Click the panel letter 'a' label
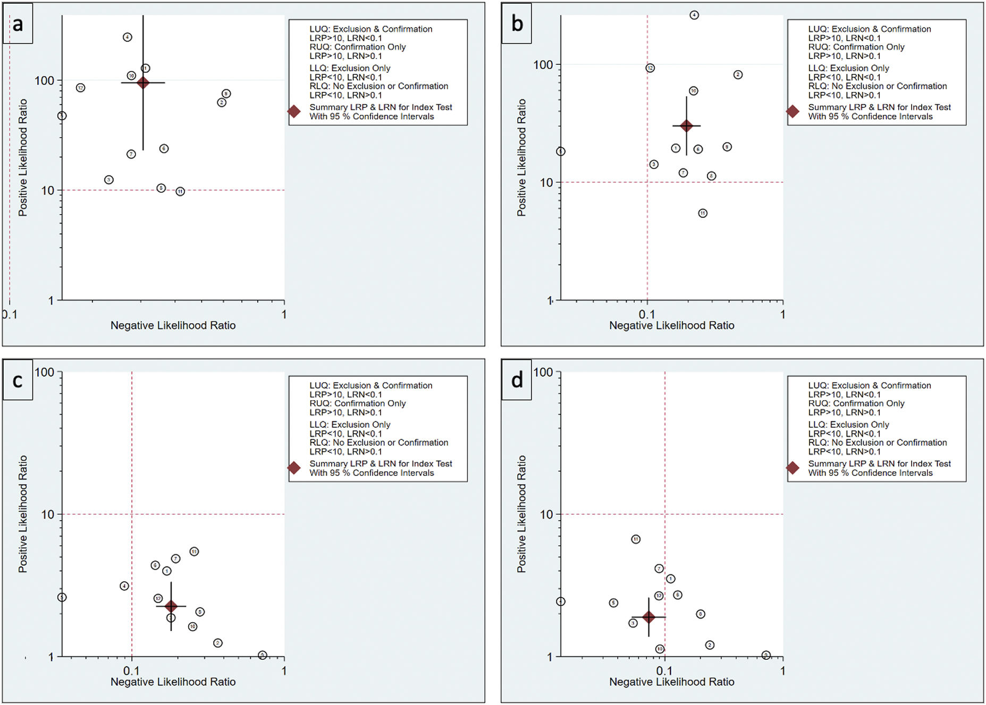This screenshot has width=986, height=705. [18, 24]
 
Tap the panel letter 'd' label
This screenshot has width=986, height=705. [517, 380]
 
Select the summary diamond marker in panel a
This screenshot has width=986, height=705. [143, 83]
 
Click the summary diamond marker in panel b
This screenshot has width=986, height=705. [686, 126]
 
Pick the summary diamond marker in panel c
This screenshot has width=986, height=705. [171, 606]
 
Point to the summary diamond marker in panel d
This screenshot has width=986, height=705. [648, 617]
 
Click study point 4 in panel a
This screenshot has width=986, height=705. [127, 37]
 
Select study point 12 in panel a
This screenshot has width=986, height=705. [80, 88]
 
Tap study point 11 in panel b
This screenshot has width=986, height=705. [703, 214]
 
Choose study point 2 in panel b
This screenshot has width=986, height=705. [738, 75]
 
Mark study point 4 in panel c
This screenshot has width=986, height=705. [124, 586]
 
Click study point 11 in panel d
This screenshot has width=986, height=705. [636, 539]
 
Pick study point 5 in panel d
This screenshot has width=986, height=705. [613, 603]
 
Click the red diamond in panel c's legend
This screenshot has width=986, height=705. [294, 468]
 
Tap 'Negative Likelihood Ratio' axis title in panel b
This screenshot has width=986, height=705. [671, 326]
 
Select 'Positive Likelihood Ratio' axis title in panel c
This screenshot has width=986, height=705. [23, 514]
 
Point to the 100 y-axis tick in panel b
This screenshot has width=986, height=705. [543, 65]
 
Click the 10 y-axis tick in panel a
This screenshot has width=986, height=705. [48, 190]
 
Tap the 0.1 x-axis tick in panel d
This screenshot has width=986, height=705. [664, 671]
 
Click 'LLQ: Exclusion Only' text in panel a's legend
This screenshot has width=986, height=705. [350, 68]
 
